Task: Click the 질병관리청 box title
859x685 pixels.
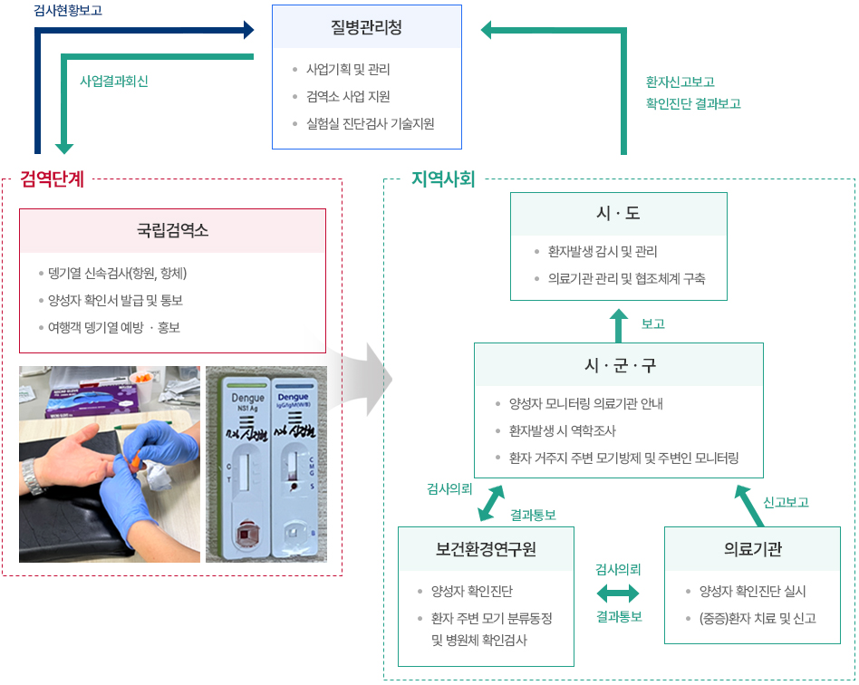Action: [x=366, y=28]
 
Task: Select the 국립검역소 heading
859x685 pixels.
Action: [x=172, y=230]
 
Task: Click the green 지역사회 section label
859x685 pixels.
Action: [x=443, y=178]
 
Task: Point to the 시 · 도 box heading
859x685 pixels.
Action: [x=618, y=213]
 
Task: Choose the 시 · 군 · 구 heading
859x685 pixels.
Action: [x=619, y=365]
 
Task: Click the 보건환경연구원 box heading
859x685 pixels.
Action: [x=486, y=548]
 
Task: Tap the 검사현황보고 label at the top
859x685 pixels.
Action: [x=68, y=11]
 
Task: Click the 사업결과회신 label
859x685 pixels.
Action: [x=114, y=81]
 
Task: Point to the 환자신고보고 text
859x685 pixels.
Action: [x=680, y=81]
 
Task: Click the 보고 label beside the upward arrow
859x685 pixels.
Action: [x=652, y=323]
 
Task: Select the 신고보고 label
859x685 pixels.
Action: [x=786, y=502]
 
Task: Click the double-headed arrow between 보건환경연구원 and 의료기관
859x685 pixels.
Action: [x=618, y=593]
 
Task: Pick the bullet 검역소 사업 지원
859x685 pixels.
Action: [x=348, y=96]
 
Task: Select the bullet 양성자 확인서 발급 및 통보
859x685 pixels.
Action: [x=116, y=300]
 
